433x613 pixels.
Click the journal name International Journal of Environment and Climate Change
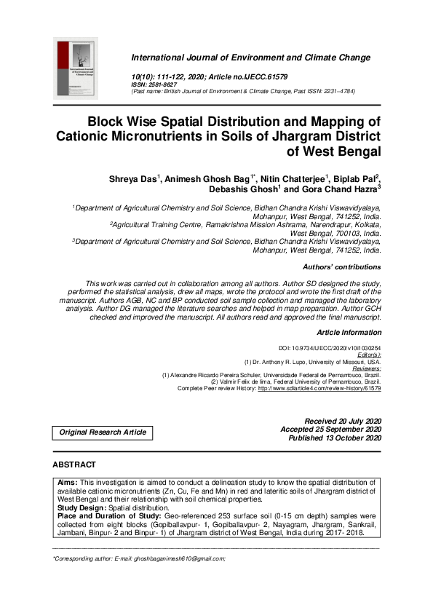(x=250, y=58)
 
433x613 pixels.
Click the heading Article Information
(x=349, y=332)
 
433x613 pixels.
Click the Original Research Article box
(x=103, y=432)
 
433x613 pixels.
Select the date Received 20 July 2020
(x=343, y=422)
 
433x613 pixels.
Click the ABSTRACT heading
(x=74, y=464)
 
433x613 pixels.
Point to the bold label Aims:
(x=68, y=483)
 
